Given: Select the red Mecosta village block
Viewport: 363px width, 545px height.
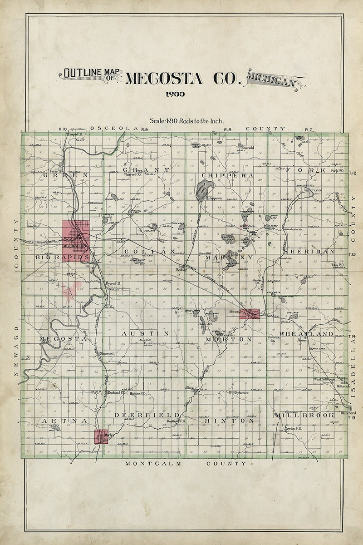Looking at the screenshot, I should (x=249, y=313).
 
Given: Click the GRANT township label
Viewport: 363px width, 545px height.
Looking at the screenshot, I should (x=148, y=170).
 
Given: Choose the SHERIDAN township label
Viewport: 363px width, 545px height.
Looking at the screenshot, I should (x=309, y=251).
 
